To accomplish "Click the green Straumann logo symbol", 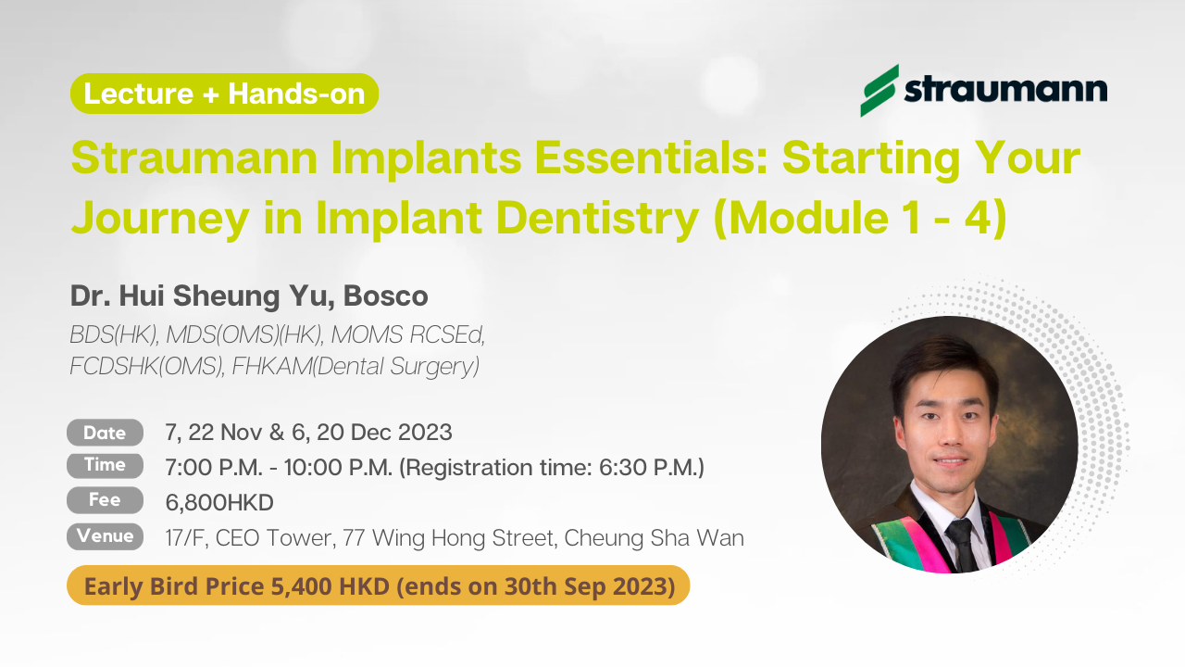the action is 879,91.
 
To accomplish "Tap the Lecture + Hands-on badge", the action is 224,94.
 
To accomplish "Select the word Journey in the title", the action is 160,218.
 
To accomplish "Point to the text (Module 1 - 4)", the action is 860,218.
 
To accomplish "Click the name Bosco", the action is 386,296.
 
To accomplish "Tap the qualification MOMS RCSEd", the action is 408,334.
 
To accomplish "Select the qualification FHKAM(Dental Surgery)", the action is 355,366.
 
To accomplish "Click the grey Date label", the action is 105,433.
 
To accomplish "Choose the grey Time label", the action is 105,465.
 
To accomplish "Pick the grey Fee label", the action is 105,500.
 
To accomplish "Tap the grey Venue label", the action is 105,536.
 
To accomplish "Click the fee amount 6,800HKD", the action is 219,502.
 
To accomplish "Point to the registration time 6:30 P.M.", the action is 649,468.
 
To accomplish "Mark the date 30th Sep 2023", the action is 586,586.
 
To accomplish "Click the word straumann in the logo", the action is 1005,90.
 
